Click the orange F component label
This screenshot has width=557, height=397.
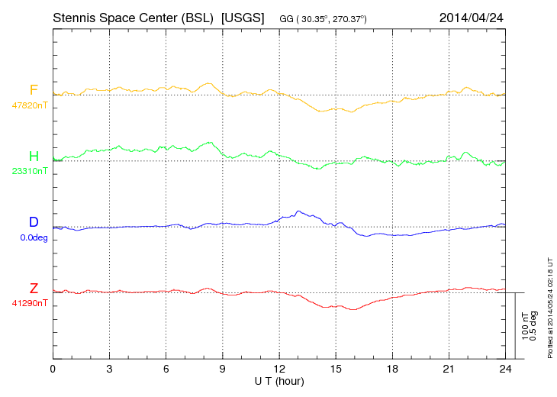[34, 90]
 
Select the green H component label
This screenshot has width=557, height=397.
[34, 157]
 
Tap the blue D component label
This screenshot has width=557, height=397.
[34, 222]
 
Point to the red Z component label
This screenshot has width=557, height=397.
[34, 289]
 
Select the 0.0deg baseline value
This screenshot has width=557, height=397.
[34, 237]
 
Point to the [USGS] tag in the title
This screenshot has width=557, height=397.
[242, 17]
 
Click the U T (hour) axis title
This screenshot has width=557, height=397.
[279, 380]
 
